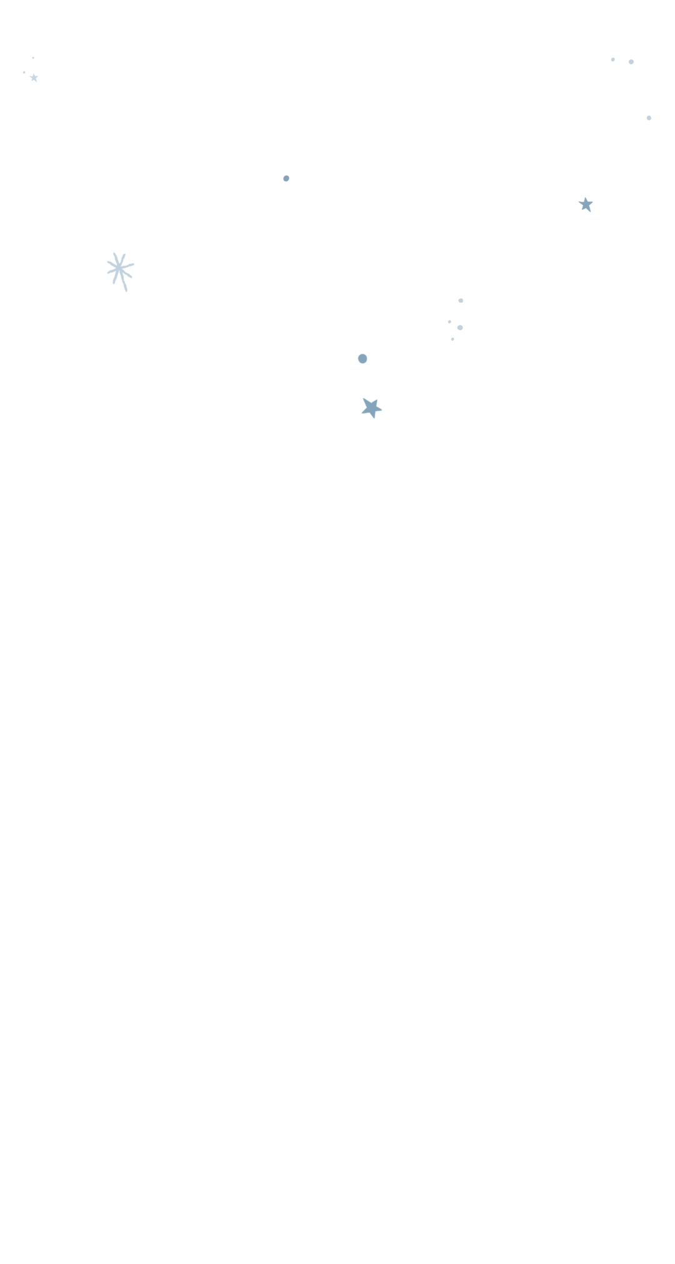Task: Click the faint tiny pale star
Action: coord(34,77)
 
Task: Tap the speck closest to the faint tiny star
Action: coord(24,72)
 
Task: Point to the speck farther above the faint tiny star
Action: coord(33,58)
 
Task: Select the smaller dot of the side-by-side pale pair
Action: coord(612,59)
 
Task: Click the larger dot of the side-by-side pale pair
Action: coord(631,62)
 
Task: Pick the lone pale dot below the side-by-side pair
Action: coord(649,118)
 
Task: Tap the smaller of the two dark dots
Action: coord(286,178)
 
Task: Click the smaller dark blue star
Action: coord(586,204)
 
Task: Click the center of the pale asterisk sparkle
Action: coord(119,268)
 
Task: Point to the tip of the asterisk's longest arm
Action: coord(126,291)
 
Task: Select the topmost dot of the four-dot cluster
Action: coord(461,301)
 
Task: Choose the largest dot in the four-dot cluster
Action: coord(460,327)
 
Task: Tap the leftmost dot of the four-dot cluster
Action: coord(449,322)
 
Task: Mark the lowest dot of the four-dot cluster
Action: coord(452,339)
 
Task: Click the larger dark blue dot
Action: coord(362,359)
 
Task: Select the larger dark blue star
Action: coord(371,408)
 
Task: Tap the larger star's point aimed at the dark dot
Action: coord(363,399)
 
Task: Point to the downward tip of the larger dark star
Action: coord(374,418)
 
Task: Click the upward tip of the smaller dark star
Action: coord(586,197)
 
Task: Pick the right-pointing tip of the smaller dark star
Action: coord(592,202)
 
